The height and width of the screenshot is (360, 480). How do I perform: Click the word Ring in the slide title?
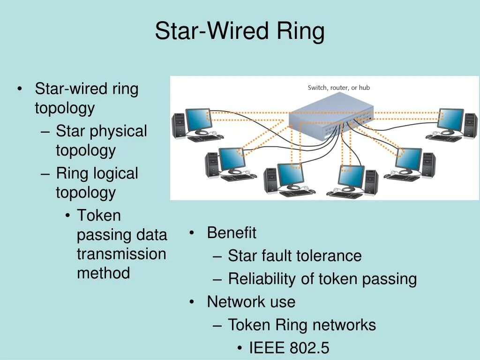pos(300,31)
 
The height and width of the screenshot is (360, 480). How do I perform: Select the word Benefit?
pos(232,232)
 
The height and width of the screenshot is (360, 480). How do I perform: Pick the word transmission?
pos(121,254)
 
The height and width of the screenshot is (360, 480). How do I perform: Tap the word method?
pos(103,273)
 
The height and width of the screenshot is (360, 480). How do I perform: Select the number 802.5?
pos(309,348)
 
